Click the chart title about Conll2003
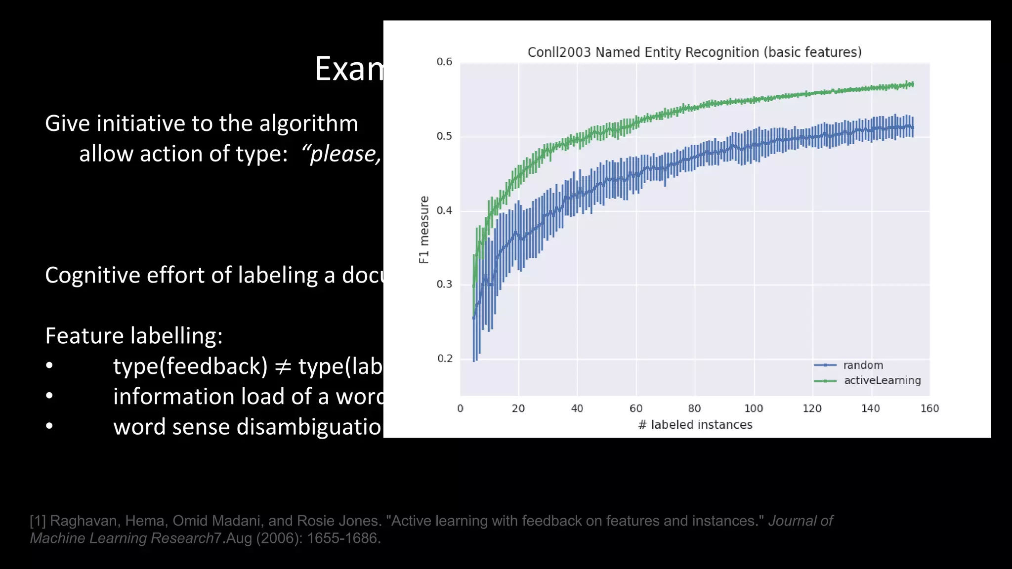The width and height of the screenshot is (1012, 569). pos(694,52)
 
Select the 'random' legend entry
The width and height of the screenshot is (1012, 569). pos(863,365)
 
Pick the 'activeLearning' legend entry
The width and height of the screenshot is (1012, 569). pos(882,380)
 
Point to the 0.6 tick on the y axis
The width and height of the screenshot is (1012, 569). pos(444,62)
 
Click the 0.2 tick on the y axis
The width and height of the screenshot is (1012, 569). pos(444,359)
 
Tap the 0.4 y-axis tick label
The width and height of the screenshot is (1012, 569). pos(444,210)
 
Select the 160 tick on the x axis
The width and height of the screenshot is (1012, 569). pos(929,408)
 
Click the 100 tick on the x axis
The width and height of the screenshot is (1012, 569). pos(754,408)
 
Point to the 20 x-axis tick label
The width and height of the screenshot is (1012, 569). pos(518,408)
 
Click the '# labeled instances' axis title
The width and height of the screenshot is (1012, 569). pos(695,425)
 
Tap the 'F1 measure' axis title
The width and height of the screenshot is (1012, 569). pos(424,230)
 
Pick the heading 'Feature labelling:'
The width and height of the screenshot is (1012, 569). pos(134,336)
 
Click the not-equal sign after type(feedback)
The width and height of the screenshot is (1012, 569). pos(283,367)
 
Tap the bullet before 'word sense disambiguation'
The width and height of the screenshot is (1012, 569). pos(49,426)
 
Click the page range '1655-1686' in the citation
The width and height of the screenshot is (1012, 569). pos(343,538)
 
